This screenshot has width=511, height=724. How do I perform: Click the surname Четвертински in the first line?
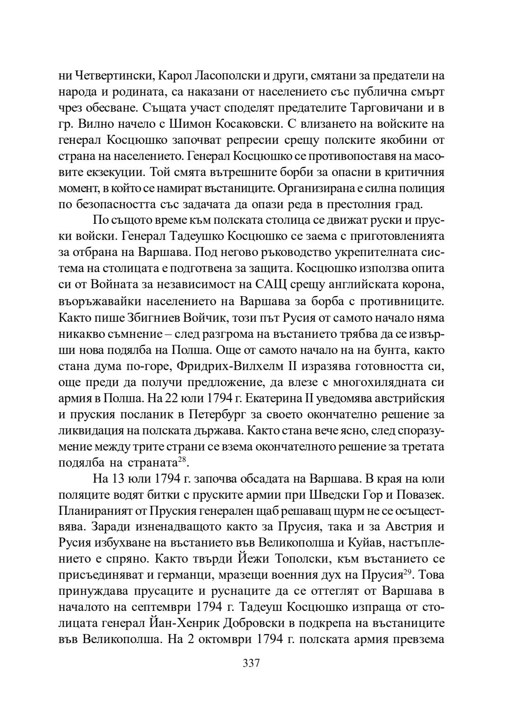click(111, 76)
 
